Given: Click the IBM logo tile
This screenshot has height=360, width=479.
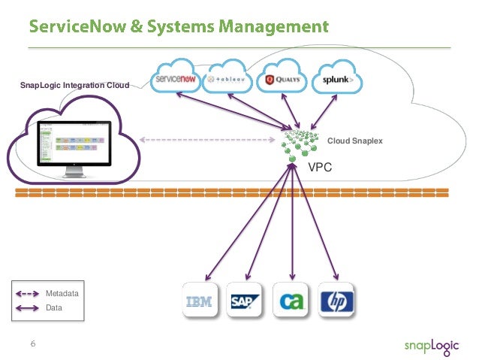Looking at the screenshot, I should [199, 302].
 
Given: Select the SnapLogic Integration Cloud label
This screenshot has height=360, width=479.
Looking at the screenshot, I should [75, 86].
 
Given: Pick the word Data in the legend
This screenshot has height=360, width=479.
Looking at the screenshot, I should [53, 307].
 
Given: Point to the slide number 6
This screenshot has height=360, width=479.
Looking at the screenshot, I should [32, 344].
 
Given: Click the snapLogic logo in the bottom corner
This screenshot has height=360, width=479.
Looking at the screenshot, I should [430, 345].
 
